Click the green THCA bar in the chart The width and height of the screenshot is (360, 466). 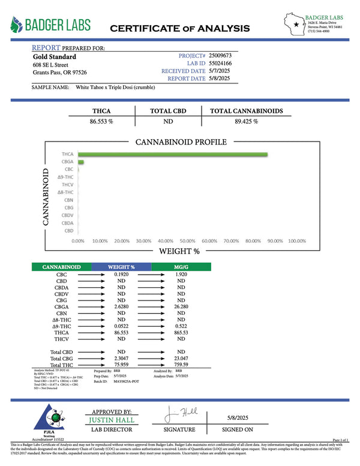point(173,155)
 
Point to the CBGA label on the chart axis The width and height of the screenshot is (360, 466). point(67,162)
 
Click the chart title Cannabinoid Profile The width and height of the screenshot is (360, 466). point(181,142)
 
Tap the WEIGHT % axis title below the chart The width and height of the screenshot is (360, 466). point(179,252)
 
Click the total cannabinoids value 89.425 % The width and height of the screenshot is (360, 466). point(246,121)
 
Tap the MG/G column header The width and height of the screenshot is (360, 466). point(181,266)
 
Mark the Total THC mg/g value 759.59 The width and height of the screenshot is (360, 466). point(181,365)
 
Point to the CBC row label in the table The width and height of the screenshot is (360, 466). point(61,274)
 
